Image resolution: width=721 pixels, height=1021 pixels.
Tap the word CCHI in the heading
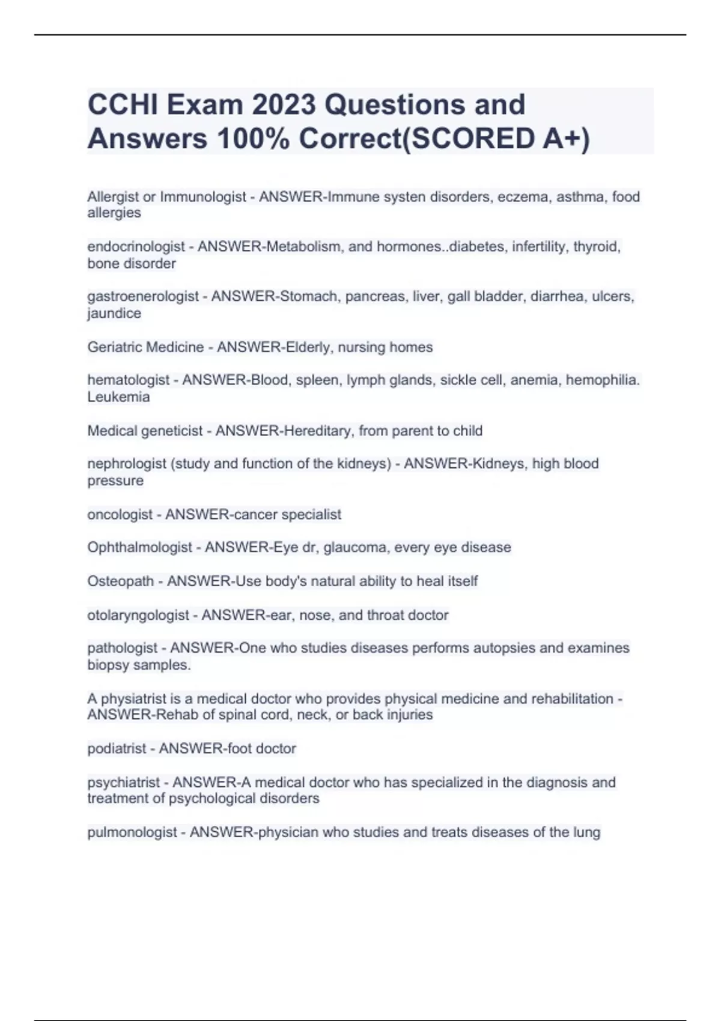pyautogui.click(x=123, y=105)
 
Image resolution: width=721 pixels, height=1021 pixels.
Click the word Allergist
pyautogui.click(x=112, y=197)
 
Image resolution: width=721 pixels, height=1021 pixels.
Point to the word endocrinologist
pyautogui.click(x=136, y=247)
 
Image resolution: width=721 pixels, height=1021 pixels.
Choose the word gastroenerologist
pyautogui.click(x=143, y=297)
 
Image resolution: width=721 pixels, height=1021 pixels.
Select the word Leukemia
pyautogui.click(x=118, y=397)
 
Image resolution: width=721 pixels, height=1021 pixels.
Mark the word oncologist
pyautogui.click(x=120, y=515)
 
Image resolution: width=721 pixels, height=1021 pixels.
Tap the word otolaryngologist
pyautogui.click(x=138, y=615)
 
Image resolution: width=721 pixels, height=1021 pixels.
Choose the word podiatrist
pyautogui.click(x=117, y=749)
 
